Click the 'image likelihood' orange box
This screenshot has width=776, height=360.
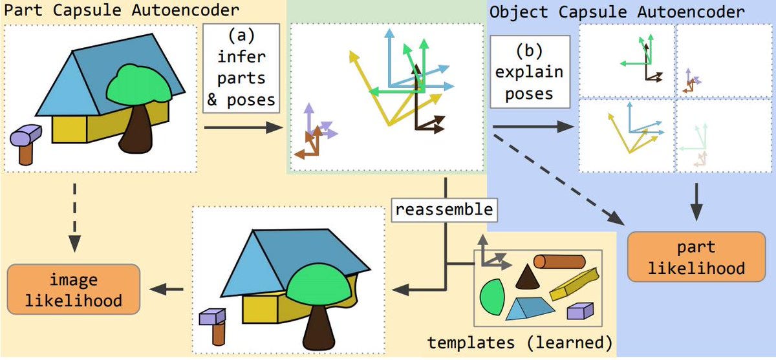pos(74,290)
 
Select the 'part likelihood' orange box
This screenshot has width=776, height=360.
pos(696,257)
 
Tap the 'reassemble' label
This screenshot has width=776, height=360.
pos(444,210)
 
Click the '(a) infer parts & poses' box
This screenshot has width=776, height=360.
pos(241,69)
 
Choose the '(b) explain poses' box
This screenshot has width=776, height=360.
pos(530,72)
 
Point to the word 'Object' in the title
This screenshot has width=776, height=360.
pos(519,12)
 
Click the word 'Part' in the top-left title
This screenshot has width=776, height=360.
pos(23,10)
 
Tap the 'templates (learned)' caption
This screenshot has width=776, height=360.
pos(520,343)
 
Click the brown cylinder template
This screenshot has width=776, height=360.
pos(559,262)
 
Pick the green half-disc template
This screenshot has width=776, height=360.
pos(492,297)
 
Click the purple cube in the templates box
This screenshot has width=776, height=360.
pos(580,311)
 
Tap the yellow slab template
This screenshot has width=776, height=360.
pos(574,284)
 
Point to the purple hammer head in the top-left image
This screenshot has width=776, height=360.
pos(26,134)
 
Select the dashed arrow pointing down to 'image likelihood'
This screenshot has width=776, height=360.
pos(74,217)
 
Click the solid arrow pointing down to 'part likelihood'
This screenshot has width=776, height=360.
pos(696,202)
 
